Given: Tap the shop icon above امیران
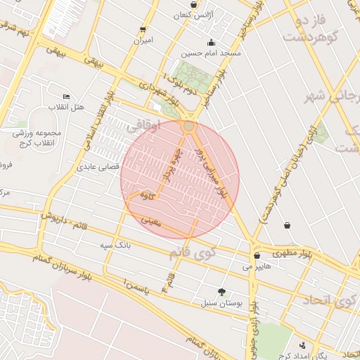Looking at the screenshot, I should [143, 30].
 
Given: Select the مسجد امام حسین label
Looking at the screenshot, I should [211, 53].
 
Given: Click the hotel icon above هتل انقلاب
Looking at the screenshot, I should [67, 96].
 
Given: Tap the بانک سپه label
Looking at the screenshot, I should [116, 245].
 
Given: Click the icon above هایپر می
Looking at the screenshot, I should [257, 256].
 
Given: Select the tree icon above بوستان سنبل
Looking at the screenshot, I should [222, 292].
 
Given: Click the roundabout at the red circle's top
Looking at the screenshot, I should [188, 126].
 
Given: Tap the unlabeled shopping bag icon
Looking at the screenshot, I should [287, 226].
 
